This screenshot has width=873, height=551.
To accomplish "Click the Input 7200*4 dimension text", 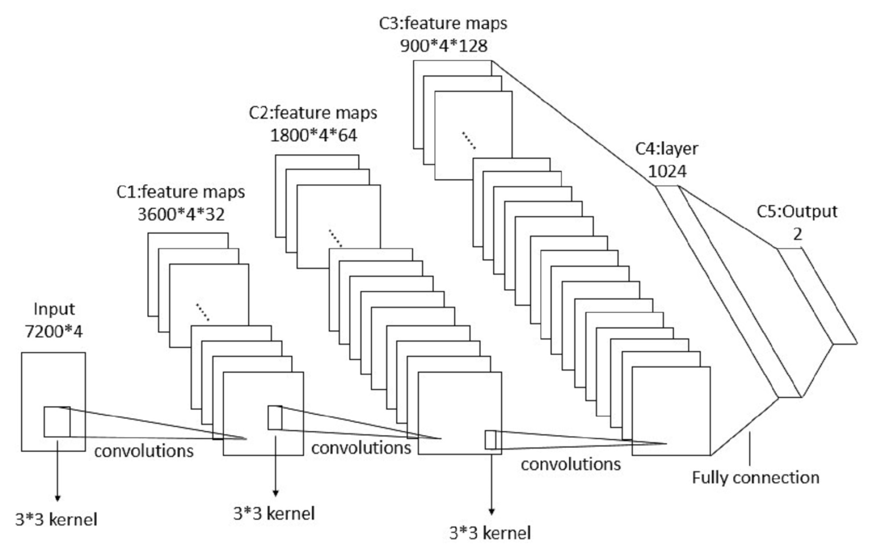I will click(53, 331).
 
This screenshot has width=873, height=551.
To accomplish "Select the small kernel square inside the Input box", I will click(57, 422).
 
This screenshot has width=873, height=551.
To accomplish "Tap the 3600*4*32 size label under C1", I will click(181, 214).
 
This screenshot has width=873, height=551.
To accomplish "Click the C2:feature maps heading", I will click(313, 113).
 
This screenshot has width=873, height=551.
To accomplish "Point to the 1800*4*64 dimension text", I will click(313, 135).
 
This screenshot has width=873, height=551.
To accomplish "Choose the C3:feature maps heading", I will click(443, 23).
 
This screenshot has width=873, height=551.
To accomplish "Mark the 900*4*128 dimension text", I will click(444, 46).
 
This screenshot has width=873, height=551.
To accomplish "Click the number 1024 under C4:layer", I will click(667, 171).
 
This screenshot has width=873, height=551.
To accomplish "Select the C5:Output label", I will click(797, 212).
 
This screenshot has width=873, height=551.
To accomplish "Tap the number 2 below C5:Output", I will click(797, 234).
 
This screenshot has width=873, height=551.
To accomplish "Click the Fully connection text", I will click(755, 478).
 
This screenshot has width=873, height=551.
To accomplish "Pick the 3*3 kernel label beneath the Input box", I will click(56, 520).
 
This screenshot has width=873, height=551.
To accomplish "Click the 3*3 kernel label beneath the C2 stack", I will click(490, 533).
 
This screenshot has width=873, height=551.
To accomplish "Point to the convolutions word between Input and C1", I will click(144, 451).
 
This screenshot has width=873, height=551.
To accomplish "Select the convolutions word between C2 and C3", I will click(570, 464).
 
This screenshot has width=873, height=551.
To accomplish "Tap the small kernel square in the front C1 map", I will click(275, 418).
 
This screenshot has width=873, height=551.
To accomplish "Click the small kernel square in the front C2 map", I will click(490, 440).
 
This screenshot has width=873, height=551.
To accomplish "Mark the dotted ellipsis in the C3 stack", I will click(468, 140).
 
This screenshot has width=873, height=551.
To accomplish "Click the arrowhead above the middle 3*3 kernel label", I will click(275, 492).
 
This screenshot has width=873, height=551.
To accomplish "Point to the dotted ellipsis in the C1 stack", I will click(202, 312).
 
